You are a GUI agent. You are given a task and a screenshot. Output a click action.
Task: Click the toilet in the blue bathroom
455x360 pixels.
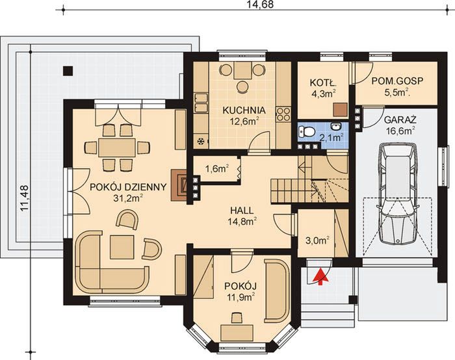point(308,132)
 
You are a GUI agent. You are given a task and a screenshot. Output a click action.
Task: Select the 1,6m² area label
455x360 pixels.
point(216,170)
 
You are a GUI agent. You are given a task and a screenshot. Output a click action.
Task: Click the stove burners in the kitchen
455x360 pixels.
point(283,116)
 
